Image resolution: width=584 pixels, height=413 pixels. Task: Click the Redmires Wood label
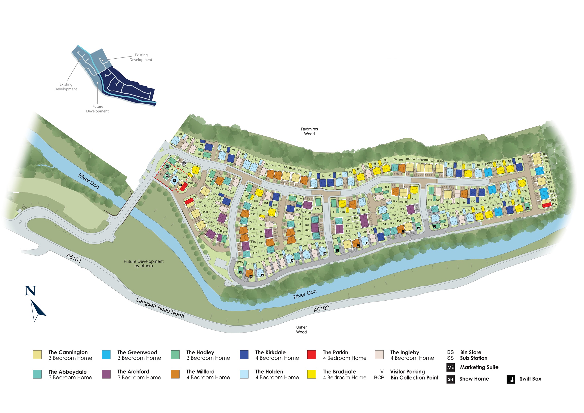click(x=309, y=131)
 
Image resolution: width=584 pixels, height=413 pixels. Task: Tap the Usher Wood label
click(x=301, y=330)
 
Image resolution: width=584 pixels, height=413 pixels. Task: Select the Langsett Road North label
click(x=160, y=308)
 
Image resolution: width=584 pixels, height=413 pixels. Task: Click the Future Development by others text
click(x=143, y=264)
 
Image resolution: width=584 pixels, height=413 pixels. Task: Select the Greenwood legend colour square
click(x=106, y=355)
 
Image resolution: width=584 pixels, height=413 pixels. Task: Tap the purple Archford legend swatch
click(x=106, y=374)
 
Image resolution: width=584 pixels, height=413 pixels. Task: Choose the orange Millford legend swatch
click(x=175, y=374)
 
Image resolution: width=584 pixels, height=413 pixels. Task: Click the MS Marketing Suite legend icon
click(x=450, y=367)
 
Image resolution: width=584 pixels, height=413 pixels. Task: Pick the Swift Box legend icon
click(x=511, y=379)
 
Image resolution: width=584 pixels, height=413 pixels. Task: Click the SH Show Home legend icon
click(x=450, y=379)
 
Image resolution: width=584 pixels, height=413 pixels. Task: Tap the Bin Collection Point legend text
click(x=414, y=378)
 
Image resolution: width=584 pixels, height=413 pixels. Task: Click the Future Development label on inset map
click(x=97, y=109)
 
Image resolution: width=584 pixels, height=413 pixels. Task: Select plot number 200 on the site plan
click(x=317, y=210)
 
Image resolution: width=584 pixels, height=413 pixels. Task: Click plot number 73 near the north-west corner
click(x=180, y=134)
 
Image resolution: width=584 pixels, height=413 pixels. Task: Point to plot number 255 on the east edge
click(x=555, y=204)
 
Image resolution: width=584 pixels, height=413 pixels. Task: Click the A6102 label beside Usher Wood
click(x=321, y=309)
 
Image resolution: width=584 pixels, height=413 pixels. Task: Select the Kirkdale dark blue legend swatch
click(x=244, y=355)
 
